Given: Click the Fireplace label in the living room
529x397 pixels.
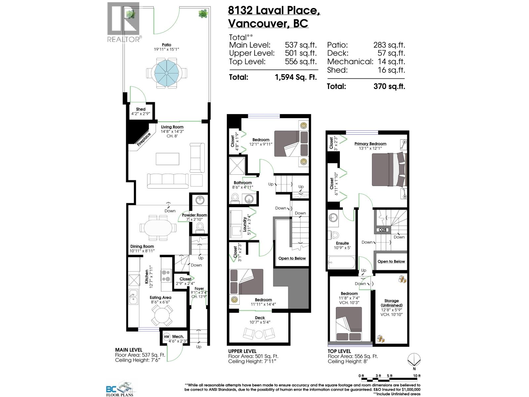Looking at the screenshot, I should tap(144, 139).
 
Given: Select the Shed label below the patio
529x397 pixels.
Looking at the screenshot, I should tap(141, 109).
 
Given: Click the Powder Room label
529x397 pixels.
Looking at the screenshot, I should tap(194, 215).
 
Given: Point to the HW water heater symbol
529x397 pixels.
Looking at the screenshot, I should tap(167, 336).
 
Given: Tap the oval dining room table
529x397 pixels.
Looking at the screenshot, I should tap(158, 228).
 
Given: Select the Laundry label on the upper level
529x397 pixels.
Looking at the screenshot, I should tap(245, 224).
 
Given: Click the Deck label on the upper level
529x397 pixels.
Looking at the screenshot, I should tap(260, 318).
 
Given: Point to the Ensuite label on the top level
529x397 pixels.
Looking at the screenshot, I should tap(342, 243).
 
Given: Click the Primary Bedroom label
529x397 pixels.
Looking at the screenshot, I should tap(370, 144).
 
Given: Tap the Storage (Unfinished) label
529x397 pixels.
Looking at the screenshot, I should tap(391, 303).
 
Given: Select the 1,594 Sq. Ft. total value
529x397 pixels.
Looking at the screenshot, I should tap(296, 77).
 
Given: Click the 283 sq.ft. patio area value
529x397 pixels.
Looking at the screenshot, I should tap(389, 45).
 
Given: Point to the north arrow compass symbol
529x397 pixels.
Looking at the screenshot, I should tap(414, 359).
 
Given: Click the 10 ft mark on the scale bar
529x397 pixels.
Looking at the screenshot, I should tap(417, 376).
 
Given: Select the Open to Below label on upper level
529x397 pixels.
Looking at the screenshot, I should tap(292, 258).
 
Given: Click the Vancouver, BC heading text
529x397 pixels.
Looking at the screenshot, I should tap(268, 24).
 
